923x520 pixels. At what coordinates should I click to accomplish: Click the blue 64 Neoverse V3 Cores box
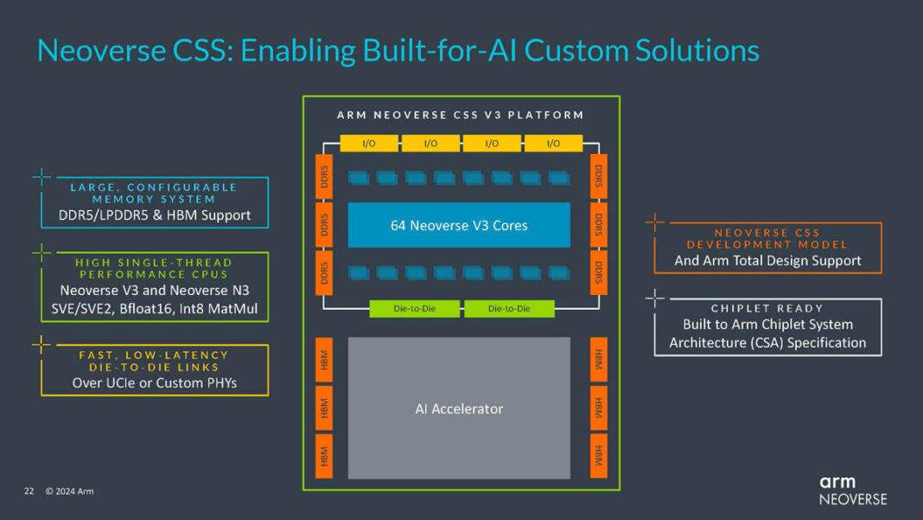(x=459, y=225)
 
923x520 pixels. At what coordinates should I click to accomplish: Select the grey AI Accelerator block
(x=459, y=408)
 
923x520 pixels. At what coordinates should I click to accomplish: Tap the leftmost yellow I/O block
(x=369, y=143)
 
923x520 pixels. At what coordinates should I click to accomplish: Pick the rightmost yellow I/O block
(x=553, y=143)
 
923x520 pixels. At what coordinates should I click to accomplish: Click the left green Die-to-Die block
(x=415, y=309)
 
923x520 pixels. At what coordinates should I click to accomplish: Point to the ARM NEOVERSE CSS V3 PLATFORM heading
(x=460, y=114)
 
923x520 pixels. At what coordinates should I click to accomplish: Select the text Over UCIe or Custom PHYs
(x=155, y=382)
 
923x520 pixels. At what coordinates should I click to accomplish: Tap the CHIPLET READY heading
(x=767, y=308)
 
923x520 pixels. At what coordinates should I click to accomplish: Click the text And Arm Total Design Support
(x=767, y=260)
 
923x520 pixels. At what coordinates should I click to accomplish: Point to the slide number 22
(x=29, y=491)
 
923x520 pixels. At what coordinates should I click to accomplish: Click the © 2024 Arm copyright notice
(x=70, y=491)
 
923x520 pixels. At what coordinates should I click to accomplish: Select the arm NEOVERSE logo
(x=852, y=490)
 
